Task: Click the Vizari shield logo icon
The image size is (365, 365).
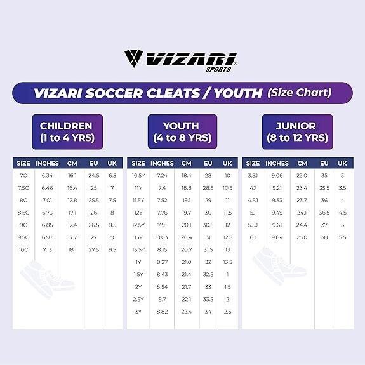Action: [133, 58]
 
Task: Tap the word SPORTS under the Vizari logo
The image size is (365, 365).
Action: [218, 69]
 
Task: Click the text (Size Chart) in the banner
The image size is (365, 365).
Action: [300, 93]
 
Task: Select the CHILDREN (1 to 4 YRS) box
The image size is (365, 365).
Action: [67, 132]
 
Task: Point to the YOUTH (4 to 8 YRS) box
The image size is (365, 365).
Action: [183, 132]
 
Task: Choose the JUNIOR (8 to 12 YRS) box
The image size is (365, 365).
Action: [297, 132]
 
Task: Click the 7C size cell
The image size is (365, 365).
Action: [23, 175]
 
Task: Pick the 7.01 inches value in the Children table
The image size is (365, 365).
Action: [47, 200]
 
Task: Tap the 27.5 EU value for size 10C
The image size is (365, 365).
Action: [93, 249]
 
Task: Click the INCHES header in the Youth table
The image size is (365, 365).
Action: [162, 163]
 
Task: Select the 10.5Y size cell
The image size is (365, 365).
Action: [138, 175]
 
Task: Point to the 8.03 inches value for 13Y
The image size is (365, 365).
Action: [162, 237]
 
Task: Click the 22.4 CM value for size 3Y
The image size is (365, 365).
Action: [186, 312]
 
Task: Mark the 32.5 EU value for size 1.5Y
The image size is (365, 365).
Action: [208, 274]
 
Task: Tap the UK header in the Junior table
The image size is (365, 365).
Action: [342, 163]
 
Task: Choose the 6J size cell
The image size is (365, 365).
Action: [253, 237]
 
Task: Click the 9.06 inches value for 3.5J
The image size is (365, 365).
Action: [277, 175]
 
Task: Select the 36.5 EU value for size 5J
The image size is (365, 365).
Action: [324, 213]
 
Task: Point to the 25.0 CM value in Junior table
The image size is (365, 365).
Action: [302, 237]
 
